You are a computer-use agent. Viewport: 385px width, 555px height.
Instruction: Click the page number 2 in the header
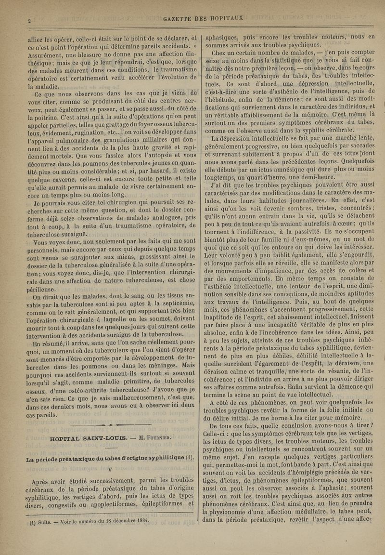point(29,21)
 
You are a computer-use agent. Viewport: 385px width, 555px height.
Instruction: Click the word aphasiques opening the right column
point(223,37)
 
